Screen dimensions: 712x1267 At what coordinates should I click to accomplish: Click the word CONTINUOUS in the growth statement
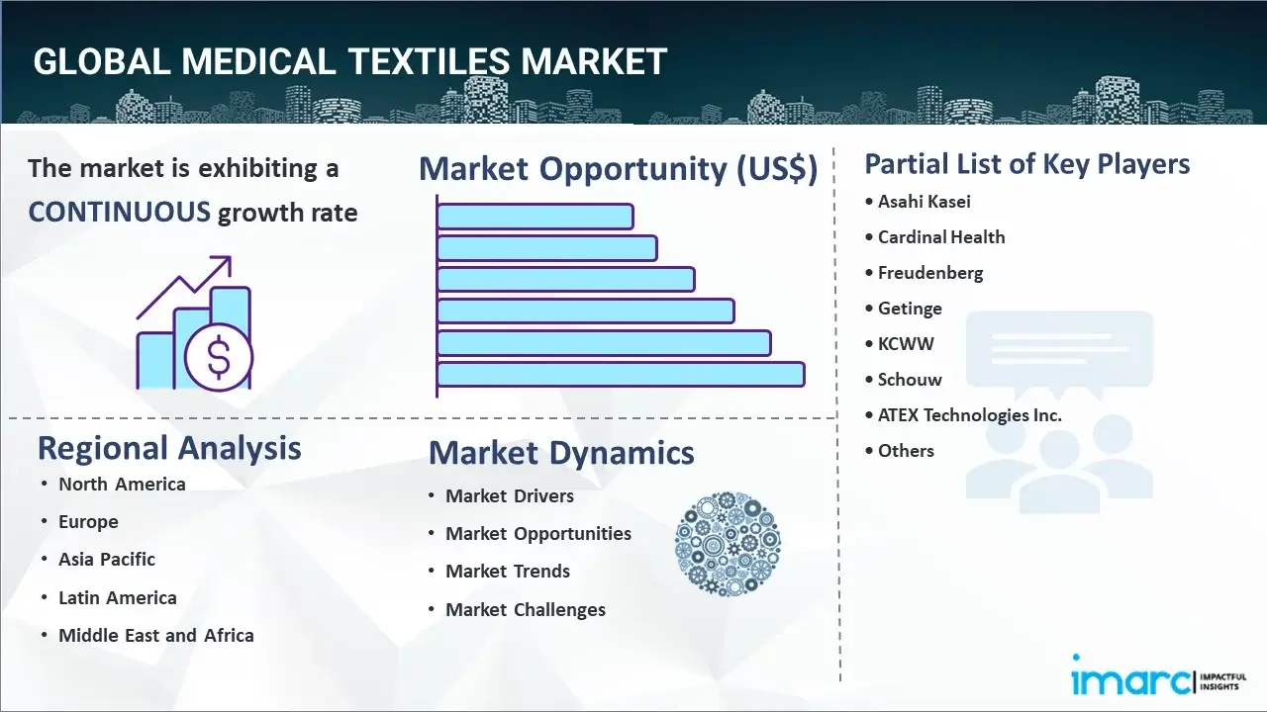(119, 212)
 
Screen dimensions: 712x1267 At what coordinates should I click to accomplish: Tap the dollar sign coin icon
(219, 360)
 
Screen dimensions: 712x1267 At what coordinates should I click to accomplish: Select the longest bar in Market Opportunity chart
(621, 374)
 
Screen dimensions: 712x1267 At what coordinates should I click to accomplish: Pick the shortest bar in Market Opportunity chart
(535, 216)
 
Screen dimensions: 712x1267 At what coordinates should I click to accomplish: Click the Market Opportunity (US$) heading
(618, 169)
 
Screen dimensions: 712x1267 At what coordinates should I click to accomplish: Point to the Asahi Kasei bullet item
(925, 202)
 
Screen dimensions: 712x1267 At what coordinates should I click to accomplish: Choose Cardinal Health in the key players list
(941, 237)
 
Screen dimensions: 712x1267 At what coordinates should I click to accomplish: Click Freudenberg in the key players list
(930, 273)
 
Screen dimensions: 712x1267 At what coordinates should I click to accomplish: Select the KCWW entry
(906, 344)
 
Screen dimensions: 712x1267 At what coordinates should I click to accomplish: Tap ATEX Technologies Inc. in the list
(969, 415)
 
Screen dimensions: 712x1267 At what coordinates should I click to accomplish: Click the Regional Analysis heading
(169, 448)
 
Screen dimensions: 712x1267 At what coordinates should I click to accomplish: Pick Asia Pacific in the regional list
(107, 560)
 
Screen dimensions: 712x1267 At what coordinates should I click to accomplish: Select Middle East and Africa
(156, 636)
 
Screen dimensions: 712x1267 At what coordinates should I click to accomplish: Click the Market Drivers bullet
(510, 496)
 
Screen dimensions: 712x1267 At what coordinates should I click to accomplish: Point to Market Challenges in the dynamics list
(526, 610)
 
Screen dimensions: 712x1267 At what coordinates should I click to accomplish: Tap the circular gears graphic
(728, 543)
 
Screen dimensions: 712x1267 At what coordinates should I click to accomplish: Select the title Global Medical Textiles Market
(350, 61)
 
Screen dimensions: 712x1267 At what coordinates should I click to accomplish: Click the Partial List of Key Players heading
(1027, 163)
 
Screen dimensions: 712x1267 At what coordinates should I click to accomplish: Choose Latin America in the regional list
(118, 598)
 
